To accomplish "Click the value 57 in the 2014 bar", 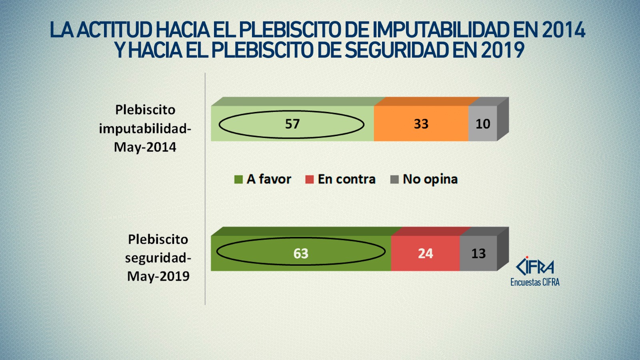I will click(292, 124).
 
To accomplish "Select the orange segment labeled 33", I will click(421, 124).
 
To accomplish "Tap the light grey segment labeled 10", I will click(483, 124).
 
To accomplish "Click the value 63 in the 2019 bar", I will click(301, 253).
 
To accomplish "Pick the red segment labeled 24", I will click(425, 253).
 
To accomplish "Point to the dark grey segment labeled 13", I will click(478, 253).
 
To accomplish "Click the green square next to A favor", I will click(238, 180).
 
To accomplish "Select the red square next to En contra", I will click(309, 180).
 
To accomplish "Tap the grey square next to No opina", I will click(394, 180).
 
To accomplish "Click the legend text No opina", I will click(430, 179).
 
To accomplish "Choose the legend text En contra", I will click(346, 179).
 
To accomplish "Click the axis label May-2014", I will click(145, 147).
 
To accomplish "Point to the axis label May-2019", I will click(158, 276).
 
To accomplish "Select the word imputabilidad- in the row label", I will click(145, 129).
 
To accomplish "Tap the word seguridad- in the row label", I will click(158, 258).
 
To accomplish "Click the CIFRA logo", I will click(535, 266).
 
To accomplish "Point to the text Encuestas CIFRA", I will click(535, 282).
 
